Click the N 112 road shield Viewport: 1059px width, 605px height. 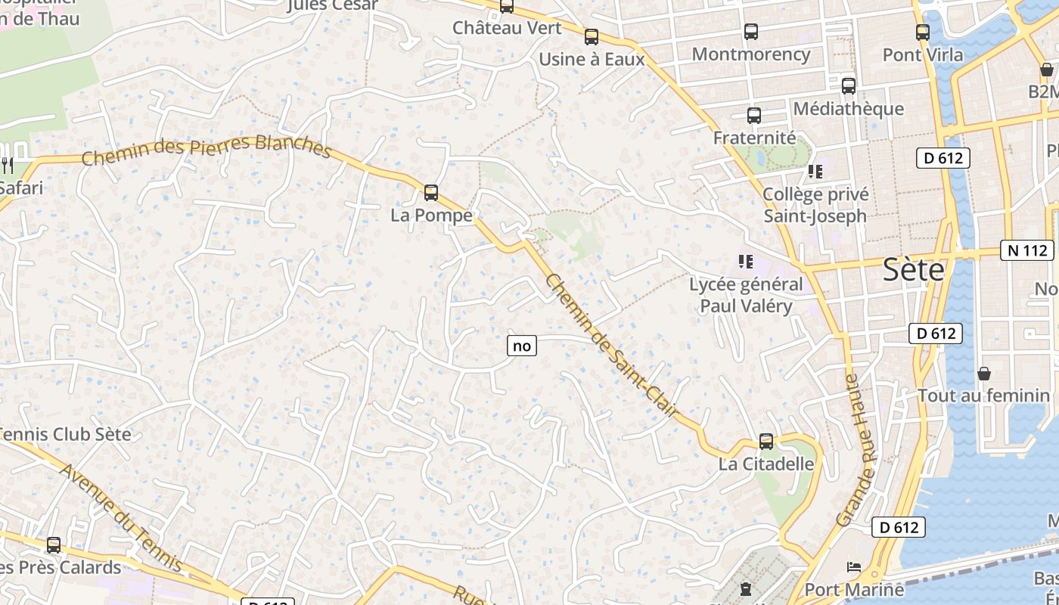(1026, 250)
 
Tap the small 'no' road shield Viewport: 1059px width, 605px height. (522, 346)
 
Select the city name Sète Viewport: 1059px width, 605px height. (914, 270)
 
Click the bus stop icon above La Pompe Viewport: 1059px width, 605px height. (431, 193)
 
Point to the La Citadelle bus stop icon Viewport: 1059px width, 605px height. (766, 442)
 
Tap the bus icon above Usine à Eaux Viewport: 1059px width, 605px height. (592, 36)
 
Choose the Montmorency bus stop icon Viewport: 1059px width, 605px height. (750, 32)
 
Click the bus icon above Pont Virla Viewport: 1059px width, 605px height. (922, 33)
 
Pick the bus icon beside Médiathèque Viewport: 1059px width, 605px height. (849, 86)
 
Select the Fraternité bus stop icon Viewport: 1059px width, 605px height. (754, 116)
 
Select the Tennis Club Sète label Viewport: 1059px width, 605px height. (66, 435)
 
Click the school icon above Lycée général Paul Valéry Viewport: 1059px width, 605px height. (746, 262)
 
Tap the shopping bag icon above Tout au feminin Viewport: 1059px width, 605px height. (984, 374)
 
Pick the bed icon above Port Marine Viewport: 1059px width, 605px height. (854, 566)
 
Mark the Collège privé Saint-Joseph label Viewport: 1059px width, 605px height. (815, 205)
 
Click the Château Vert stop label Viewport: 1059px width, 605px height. (507, 28)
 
